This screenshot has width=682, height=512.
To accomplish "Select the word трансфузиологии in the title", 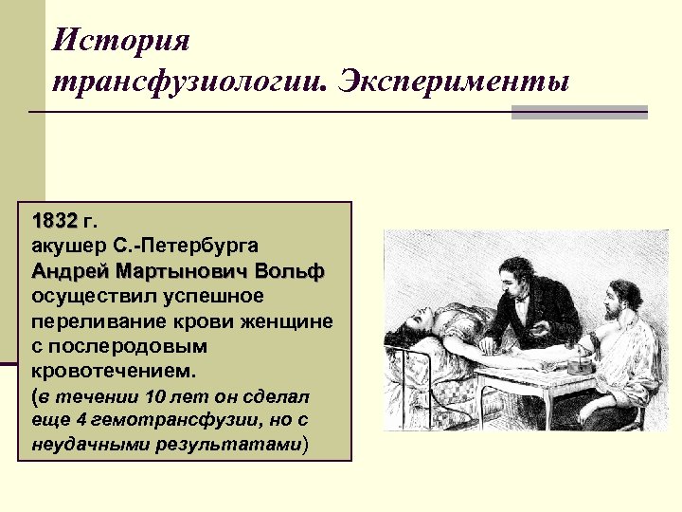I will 188,82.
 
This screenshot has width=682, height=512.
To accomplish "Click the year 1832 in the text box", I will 55,222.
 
